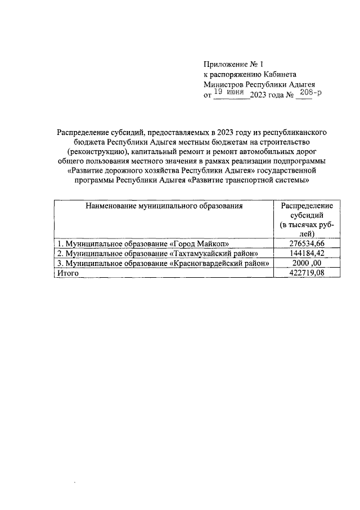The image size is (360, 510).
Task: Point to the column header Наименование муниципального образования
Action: coord(164,206)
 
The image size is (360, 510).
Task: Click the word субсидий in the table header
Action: coord(307,215)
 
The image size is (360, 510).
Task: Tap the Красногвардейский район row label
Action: coord(163,263)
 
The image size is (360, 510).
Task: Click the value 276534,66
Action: coord(307,243)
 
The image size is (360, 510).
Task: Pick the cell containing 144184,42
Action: coord(307,253)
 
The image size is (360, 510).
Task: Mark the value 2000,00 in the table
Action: coord(307,263)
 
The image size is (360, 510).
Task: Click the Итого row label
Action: coord(67,273)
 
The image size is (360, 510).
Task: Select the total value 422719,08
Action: coord(307,273)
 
